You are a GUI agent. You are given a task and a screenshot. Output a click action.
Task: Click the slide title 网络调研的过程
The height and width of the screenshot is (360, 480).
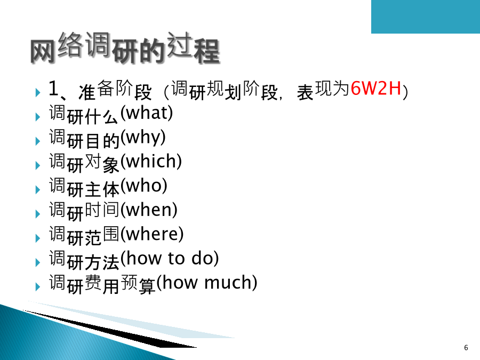[125, 48]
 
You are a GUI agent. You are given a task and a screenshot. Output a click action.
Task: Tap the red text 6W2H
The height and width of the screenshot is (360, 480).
[376, 88]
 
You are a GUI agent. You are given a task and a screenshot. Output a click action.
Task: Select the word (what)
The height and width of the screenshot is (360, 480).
[147, 113]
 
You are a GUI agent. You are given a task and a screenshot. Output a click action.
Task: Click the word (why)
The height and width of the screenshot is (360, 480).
[143, 138]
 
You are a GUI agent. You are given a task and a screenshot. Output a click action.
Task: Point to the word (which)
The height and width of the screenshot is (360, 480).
[151, 161]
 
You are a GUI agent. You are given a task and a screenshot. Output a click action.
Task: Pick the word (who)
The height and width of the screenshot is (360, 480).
[144, 186]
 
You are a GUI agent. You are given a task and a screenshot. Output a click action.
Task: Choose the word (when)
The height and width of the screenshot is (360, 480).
[149, 210]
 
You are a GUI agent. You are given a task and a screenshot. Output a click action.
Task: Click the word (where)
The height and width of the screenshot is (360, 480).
[152, 234]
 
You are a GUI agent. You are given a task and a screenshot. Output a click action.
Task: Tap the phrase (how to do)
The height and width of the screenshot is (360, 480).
[170, 258]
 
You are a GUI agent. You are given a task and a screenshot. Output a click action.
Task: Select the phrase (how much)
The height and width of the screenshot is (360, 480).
[207, 282]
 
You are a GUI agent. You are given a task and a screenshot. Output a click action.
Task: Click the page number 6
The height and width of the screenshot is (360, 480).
[466, 347]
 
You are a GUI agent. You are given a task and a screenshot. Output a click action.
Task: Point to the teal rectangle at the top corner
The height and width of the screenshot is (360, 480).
[426, 17]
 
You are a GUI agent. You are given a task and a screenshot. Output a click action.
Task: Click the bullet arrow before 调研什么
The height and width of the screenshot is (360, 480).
[38, 117]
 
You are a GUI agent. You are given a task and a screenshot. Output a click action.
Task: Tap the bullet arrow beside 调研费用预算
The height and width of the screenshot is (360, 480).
[38, 286]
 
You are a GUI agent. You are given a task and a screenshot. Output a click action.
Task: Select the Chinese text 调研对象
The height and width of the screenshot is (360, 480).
[84, 163]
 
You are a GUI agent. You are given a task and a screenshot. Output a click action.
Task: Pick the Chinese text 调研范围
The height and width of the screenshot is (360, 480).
[84, 236]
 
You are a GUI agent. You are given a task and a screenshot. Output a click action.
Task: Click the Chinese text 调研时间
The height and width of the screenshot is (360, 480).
[84, 211]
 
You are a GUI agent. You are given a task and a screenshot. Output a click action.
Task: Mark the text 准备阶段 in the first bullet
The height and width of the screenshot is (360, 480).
[115, 90]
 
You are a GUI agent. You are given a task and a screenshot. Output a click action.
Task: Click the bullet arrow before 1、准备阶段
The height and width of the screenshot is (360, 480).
[38, 92]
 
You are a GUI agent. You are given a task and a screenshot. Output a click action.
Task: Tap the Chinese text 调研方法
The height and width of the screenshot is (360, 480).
[84, 260]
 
